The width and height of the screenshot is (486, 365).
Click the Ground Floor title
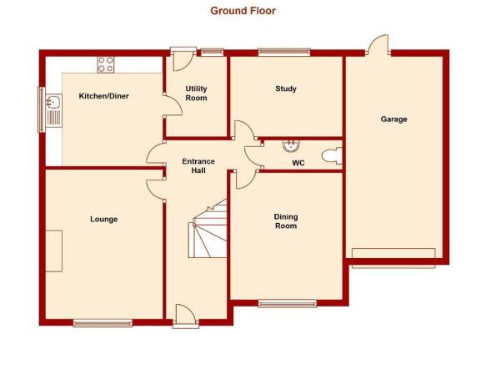click(x=243, y=11)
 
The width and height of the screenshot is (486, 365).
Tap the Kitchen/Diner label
click(x=104, y=96)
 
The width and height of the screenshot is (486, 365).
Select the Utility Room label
click(x=196, y=94)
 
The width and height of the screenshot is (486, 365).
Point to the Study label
click(x=286, y=89)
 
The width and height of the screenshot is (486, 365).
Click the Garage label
click(x=393, y=119)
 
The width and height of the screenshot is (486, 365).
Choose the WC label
click(x=298, y=163)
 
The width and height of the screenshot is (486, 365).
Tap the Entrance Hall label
click(x=198, y=166)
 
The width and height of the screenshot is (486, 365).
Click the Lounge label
click(x=104, y=220)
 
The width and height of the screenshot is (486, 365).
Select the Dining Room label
click(x=286, y=221)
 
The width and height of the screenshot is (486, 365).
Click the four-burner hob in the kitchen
click(x=106, y=64)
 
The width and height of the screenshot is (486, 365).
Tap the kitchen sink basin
click(x=54, y=102)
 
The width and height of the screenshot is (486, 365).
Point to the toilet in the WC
click(x=332, y=156)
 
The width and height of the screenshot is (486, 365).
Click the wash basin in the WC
click(x=292, y=145)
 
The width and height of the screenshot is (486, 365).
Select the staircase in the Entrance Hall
click(x=208, y=229)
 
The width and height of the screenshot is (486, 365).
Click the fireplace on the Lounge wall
click(x=54, y=251)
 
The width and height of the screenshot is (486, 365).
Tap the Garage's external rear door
click(x=378, y=45)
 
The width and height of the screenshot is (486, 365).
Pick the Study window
click(x=284, y=52)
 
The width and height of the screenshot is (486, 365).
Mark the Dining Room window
click(x=288, y=303)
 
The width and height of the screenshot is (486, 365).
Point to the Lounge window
click(x=103, y=323)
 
